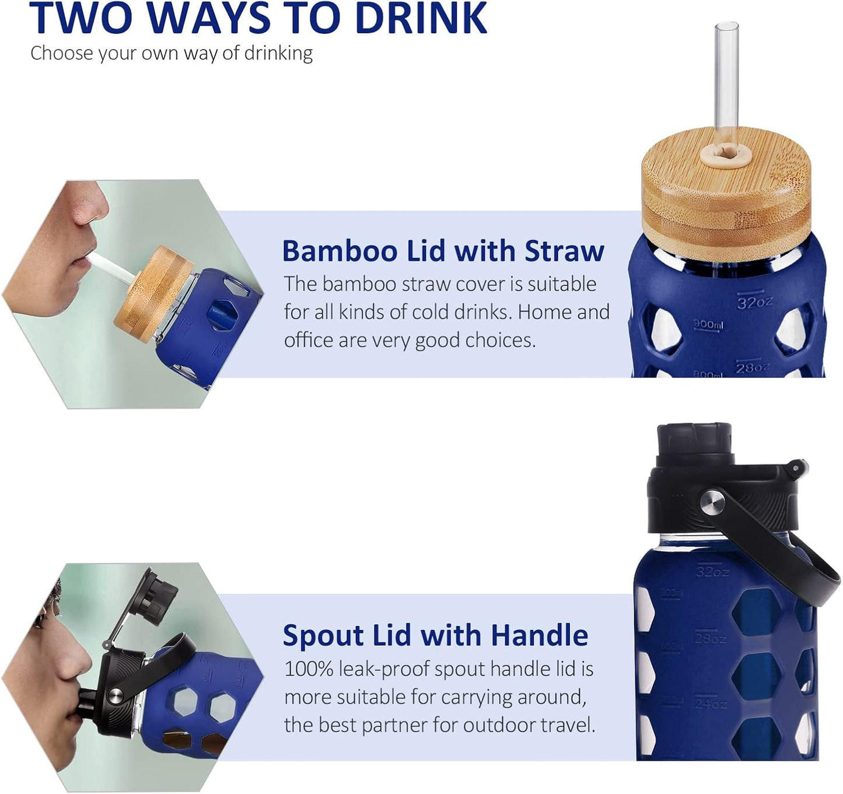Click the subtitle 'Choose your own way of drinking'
172,53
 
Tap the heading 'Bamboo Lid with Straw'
443,251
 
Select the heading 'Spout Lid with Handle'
435,635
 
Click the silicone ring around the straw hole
726,155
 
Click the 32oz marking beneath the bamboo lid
754,302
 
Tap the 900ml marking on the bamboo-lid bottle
708,324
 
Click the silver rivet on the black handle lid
711,502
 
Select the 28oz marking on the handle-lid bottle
710,638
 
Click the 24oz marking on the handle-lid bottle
710,703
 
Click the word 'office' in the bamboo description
308,340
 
